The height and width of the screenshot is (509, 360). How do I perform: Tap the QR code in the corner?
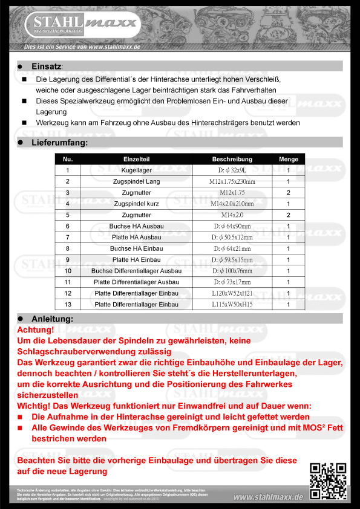[328, 481]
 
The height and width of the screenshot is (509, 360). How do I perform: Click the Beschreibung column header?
[232, 159]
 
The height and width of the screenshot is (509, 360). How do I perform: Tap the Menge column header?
[289, 159]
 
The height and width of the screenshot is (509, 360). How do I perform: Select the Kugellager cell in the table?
[136, 170]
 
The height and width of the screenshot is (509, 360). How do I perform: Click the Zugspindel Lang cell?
[136, 181]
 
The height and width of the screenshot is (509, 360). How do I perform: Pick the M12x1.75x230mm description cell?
[232, 181]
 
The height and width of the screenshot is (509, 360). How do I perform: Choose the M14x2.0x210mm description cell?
[232, 204]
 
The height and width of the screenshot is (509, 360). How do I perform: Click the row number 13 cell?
[68, 305]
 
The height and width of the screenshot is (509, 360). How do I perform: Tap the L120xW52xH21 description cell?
[232, 293]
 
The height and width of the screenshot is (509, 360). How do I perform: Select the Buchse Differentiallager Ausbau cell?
[136, 271]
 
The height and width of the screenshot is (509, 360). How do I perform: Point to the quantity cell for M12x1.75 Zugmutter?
[289, 192]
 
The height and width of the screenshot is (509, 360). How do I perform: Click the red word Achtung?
[36, 331]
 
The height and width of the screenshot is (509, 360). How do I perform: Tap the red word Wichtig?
[38, 406]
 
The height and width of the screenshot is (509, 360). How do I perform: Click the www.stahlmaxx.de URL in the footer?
[268, 497]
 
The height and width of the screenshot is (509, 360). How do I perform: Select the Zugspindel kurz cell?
[136, 204]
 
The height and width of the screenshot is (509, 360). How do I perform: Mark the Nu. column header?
[68, 159]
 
